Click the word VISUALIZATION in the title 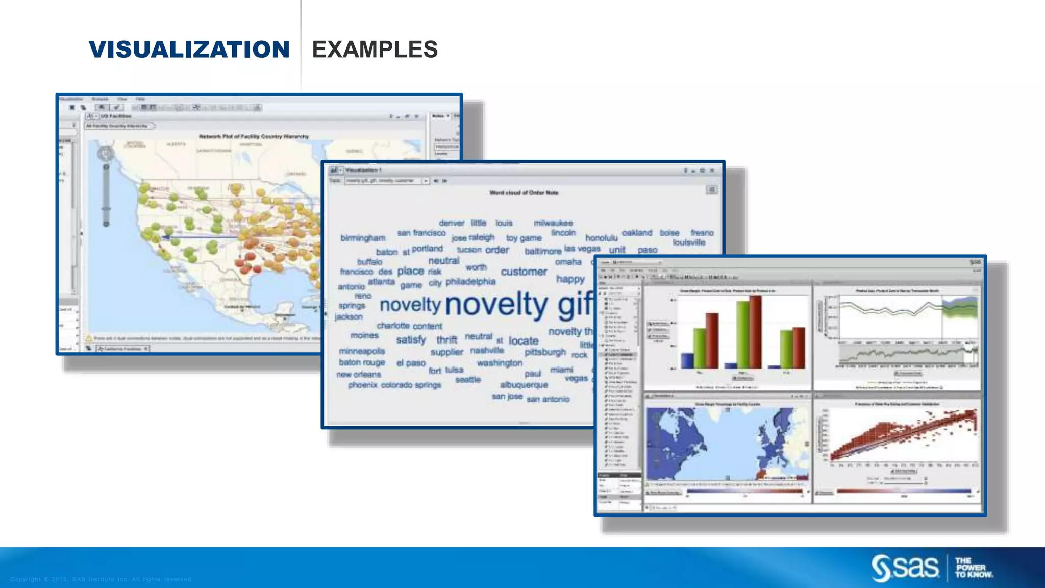tap(189, 50)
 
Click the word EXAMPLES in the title tap(375, 50)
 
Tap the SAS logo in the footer tap(905, 568)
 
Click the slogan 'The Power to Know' tap(974, 568)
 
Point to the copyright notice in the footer tap(101, 579)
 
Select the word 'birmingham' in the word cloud tap(363, 238)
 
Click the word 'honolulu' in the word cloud tap(601, 238)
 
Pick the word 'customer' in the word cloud tap(524, 272)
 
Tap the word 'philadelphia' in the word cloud tap(470, 281)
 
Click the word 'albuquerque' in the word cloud tap(524, 385)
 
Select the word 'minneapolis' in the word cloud tap(362, 351)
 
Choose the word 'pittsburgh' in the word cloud tap(545, 352)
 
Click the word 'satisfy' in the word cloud tap(411, 339)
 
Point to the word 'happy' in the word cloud tap(570, 279)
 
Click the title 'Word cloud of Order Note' tap(524, 193)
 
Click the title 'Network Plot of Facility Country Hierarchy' tap(254, 136)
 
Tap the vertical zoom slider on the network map tap(106, 194)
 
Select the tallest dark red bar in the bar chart tap(755, 332)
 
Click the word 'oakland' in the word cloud tap(637, 233)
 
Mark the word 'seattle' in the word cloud tap(468, 380)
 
